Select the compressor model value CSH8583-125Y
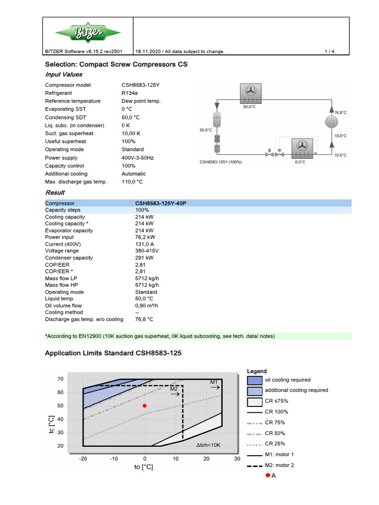point(141,85)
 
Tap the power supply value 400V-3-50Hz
point(138,158)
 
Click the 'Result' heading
point(55,192)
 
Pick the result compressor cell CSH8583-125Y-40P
point(160,203)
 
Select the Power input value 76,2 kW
point(145,237)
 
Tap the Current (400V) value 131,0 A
point(145,244)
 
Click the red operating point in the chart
point(145,406)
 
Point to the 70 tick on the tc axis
point(61,379)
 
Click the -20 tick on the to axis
point(83,459)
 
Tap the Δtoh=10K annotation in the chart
point(208,445)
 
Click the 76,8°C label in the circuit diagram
point(341,112)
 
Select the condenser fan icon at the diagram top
point(249,91)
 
